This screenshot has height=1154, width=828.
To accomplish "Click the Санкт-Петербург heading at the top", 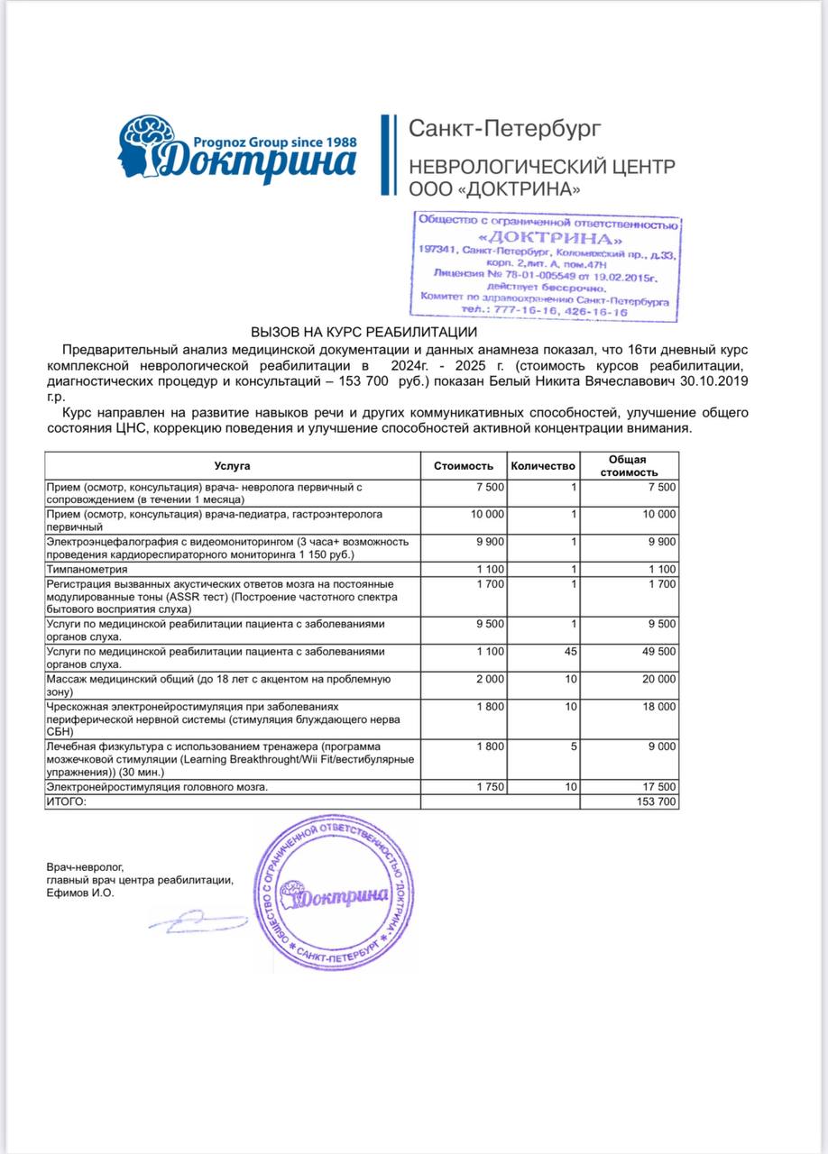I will pyautogui.click(x=504, y=129).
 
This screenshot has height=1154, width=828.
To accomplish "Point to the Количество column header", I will pyautogui.click(x=542, y=466).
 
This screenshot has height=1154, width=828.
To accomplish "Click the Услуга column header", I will pyautogui.click(x=233, y=466).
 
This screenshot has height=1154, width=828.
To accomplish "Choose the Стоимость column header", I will pyautogui.click(x=464, y=466).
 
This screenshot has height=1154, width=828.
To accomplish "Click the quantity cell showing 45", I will pyautogui.click(x=569, y=651).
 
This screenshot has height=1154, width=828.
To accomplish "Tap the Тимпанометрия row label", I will pyautogui.click(x=87, y=570).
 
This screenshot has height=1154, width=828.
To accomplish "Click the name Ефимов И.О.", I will pyautogui.click(x=81, y=893).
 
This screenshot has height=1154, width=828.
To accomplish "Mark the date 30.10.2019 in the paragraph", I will pyautogui.click(x=715, y=382).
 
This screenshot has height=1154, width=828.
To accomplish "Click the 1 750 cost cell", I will pyautogui.click(x=491, y=787).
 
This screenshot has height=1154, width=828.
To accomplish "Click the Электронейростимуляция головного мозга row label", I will pyautogui.click(x=157, y=787).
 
